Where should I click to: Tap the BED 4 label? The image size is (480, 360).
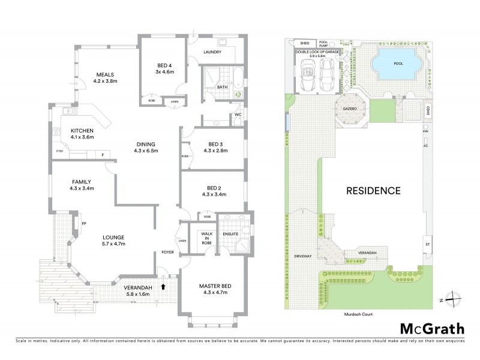tap(164, 65)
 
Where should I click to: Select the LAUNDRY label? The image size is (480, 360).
tap(212, 52)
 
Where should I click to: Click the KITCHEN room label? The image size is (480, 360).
tap(82, 131)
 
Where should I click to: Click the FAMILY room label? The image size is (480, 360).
tap(82, 181)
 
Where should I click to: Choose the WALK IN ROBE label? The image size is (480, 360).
tap(199, 238)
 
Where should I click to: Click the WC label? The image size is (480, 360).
tap(238, 114)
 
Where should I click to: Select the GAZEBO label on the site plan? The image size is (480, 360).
tap(350, 110)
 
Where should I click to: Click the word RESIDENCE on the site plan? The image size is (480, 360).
tap(372, 191)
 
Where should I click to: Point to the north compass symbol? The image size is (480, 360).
tap(455, 298)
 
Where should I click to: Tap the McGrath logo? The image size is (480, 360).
tap(432, 329)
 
